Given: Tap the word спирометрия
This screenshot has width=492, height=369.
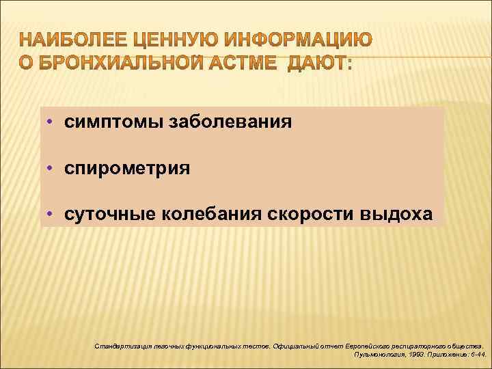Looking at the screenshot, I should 127,169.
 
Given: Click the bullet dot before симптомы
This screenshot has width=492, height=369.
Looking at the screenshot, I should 52,122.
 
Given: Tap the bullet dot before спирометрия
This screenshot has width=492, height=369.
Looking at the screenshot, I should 52,168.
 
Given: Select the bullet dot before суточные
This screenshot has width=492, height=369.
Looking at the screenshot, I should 52,215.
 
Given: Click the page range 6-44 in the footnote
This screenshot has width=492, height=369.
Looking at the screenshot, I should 477,356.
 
